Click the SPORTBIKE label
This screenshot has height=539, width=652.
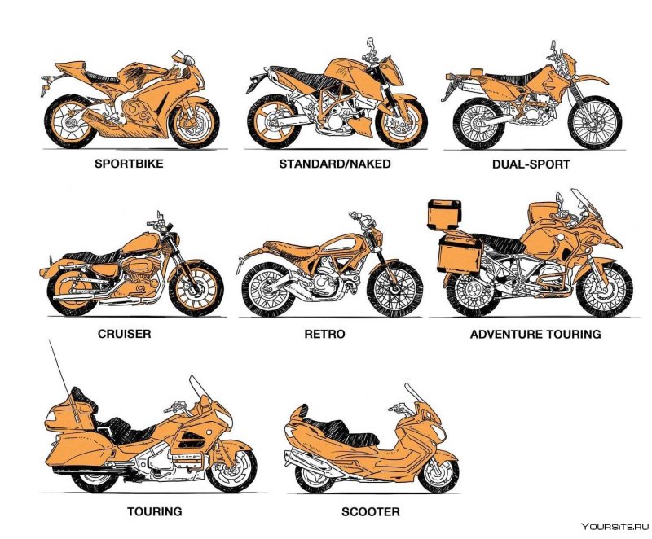click(x=129, y=164)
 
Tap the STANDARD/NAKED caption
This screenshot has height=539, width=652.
click(x=335, y=164)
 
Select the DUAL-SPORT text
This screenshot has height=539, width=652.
click(x=531, y=164)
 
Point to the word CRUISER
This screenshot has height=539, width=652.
click(x=125, y=334)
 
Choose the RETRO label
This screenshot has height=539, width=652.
click(x=324, y=335)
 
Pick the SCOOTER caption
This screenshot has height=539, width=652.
click(x=371, y=512)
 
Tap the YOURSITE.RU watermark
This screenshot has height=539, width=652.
click(x=615, y=527)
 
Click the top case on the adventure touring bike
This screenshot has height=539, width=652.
click(x=444, y=215)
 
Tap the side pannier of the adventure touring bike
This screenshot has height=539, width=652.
click(x=460, y=255)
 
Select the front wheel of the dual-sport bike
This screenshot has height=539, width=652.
click(x=595, y=122)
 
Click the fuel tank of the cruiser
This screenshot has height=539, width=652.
click(x=140, y=243)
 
